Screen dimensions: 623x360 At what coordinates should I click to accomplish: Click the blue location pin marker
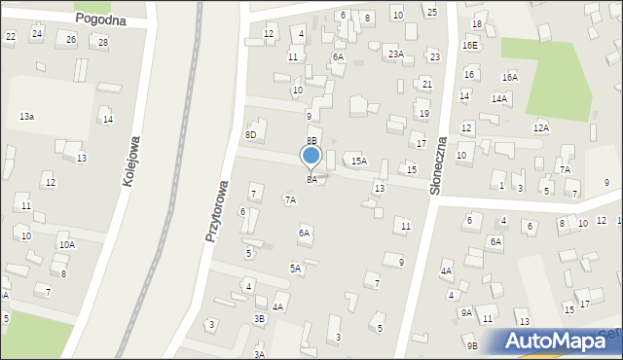(x=311, y=157)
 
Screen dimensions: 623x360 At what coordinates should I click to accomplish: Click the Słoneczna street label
(x=438, y=164)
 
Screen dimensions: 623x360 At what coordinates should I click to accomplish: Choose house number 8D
(x=250, y=135)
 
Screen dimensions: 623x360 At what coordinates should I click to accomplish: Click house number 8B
(x=313, y=141)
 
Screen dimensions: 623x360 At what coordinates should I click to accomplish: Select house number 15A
(x=359, y=161)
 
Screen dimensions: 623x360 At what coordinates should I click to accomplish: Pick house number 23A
(x=394, y=54)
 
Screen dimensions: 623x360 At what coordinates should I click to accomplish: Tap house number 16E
(x=470, y=46)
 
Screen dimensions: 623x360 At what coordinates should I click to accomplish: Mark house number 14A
(x=499, y=99)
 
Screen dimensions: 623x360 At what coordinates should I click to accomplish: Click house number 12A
(x=540, y=127)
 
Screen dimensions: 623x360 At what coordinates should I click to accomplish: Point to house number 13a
(x=27, y=116)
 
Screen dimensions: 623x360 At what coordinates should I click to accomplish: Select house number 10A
(x=66, y=244)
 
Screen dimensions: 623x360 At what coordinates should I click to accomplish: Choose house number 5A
(x=294, y=268)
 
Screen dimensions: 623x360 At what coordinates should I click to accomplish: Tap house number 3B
(x=259, y=318)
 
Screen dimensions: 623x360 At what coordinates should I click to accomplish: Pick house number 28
(x=103, y=43)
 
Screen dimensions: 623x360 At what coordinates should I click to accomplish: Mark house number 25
(x=432, y=12)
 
